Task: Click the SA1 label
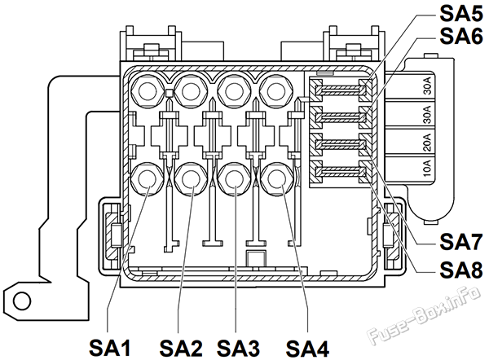110,348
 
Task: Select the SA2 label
181,348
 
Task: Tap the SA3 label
238,348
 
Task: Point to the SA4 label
307,348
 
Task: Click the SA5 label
461,14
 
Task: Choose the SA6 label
461,36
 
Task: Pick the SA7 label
461,242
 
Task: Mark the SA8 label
461,270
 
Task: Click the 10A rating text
427,169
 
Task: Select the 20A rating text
427,143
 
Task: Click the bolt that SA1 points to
147,179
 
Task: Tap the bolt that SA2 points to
191,179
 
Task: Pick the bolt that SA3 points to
234,179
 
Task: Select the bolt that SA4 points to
277,179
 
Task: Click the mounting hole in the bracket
22,301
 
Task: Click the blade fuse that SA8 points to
340,171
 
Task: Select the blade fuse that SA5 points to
340,90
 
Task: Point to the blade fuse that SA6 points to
340,117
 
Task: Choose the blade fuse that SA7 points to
340,144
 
